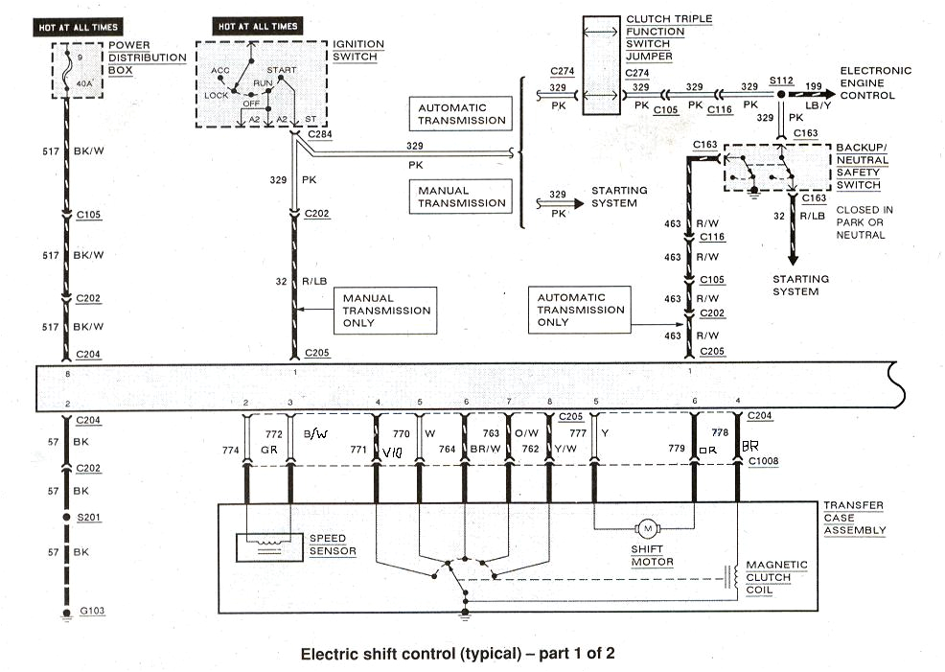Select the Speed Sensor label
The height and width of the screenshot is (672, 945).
click(333, 545)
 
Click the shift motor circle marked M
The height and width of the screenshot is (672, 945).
click(648, 528)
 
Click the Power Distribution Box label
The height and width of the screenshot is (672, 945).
click(147, 58)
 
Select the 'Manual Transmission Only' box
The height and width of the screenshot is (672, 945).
click(386, 311)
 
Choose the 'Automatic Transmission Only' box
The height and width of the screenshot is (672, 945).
click(580, 310)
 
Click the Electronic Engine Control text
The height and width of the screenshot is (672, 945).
click(875, 83)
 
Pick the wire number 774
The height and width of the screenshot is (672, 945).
click(230, 449)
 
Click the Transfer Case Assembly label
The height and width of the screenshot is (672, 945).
click(854, 518)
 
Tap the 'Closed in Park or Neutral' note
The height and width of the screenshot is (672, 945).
click(864, 221)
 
